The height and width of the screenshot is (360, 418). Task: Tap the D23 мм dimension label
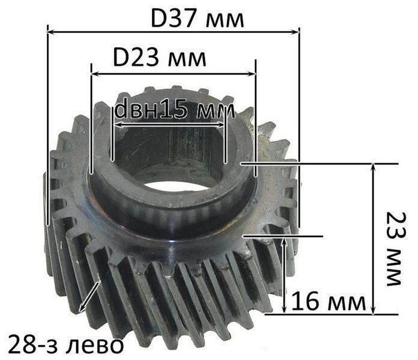point(159,58)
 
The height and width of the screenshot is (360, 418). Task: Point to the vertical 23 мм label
point(396,248)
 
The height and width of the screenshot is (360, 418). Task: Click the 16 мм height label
point(329,301)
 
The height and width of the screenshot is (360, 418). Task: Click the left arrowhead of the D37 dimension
point(50,32)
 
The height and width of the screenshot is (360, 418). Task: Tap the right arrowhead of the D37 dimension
point(295,32)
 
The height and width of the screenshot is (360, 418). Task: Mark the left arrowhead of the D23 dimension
point(95,74)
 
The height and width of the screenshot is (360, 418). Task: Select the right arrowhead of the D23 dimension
point(252,74)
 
